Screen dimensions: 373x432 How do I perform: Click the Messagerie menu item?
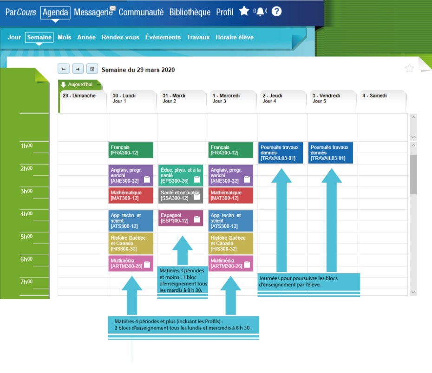[x=93, y=13]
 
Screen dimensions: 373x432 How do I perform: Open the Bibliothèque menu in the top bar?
[x=190, y=13]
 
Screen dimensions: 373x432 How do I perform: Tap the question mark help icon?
[x=276, y=12]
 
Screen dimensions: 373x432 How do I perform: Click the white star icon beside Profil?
[x=244, y=11]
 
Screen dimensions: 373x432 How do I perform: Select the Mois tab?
[x=64, y=37]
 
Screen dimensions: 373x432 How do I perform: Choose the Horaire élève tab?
[x=235, y=37]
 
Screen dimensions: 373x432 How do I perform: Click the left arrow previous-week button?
[x=64, y=69]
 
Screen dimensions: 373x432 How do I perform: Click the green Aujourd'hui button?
[x=80, y=84]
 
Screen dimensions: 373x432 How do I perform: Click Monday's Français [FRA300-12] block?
[x=131, y=150]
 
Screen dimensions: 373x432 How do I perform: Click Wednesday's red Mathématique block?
[x=231, y=195]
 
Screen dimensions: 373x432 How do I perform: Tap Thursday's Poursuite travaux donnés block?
[x=281, y=153]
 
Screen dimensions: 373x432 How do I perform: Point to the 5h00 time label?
[x=26, y=237]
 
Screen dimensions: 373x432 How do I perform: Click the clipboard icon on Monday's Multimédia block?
[x=147, y=264]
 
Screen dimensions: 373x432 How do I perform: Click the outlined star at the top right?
[x=409, y=69]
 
